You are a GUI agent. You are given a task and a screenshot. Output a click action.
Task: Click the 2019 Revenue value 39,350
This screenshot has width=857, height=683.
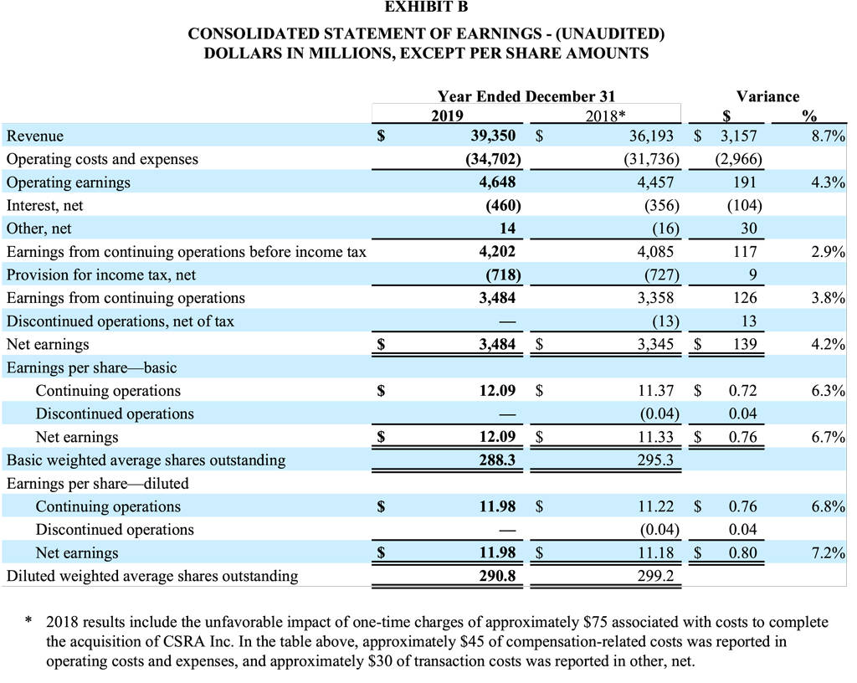[x=494, y=136]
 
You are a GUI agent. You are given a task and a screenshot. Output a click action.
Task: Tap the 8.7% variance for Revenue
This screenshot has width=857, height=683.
[x=827, y=136]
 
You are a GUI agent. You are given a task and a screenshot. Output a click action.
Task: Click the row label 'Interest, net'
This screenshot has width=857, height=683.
[x=44, y=205]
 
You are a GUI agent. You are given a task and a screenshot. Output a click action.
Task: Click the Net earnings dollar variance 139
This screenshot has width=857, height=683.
[x=743, y=344]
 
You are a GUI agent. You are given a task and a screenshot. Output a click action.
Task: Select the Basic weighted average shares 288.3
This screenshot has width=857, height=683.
[x=497, y=460]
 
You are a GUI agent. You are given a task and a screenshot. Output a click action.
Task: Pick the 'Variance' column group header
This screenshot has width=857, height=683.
[x=767, y=96]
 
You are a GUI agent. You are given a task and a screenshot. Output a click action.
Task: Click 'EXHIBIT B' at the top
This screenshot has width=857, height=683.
[x=427, y=8]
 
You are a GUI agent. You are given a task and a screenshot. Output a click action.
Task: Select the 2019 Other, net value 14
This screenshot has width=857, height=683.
[x=507, y=229]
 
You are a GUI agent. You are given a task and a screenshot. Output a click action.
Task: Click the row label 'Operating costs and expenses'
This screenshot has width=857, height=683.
[x=102, y=159]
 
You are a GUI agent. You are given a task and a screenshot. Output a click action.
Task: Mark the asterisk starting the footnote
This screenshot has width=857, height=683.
[x=28, y=623]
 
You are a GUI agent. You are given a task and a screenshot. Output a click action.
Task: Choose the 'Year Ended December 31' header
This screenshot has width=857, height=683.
[x=526, y=96]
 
